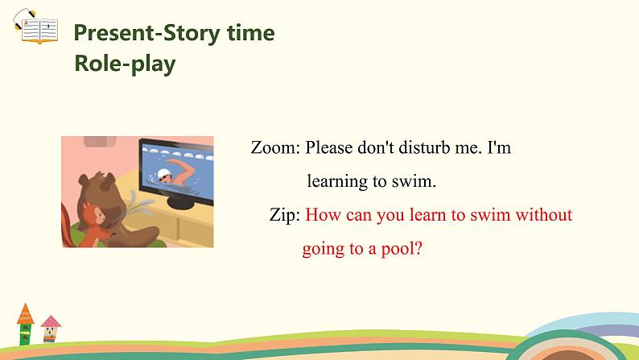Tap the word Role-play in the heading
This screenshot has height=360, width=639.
[x=125, y=64]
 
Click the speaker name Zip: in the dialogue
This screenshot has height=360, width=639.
[x=286, y=215]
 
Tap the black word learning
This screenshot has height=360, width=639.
[x=337, y=181]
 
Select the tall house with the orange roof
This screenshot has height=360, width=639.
[x=27, y=322]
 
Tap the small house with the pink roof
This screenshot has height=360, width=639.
[x=51, y=328]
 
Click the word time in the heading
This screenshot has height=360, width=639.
[x=249, y=33]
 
